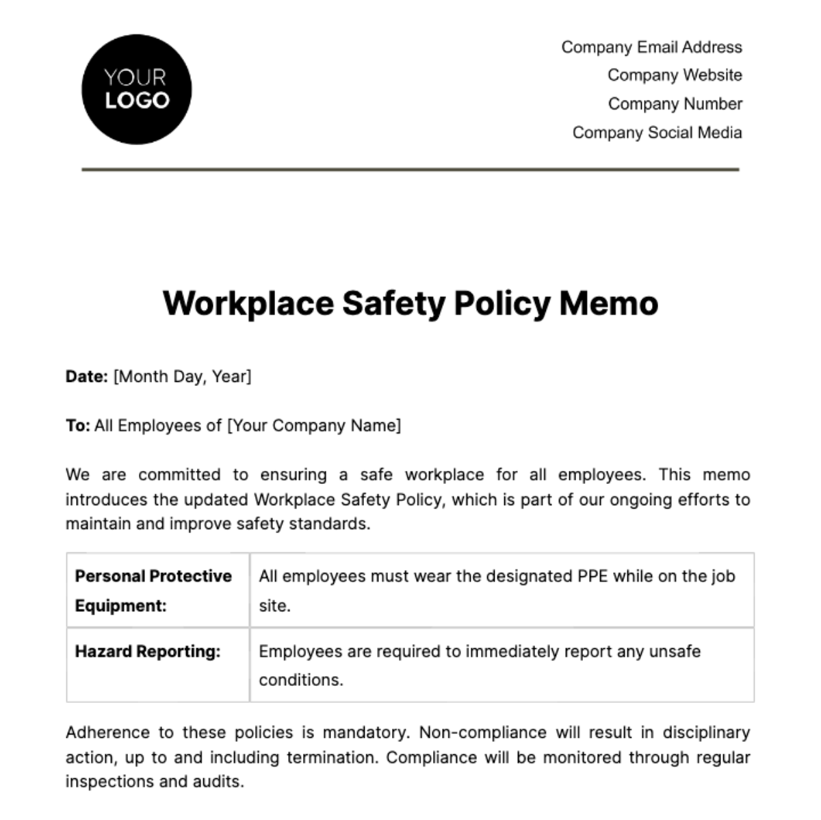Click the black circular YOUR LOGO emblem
click(x=136, y=90)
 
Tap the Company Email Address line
click(x=651, y=47)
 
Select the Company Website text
click(x=675, y=75)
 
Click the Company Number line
click(x=675, y=104)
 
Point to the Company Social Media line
click(x=657, y=133)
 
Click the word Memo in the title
click(x=608, y=303)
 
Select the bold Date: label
click(x=86, y=376)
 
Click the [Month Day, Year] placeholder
click(x=182, y=376)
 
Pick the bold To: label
click(x=77, y=426)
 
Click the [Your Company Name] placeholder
click(x=314, y=426)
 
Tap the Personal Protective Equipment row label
click(x=153, y=590)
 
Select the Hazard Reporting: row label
click(x=147, y=652)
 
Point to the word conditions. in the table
click(x=300, y=680)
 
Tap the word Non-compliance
click(x=482, y=732)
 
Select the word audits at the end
click(x=220, y=782)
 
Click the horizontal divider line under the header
click(x=410, y=169)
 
